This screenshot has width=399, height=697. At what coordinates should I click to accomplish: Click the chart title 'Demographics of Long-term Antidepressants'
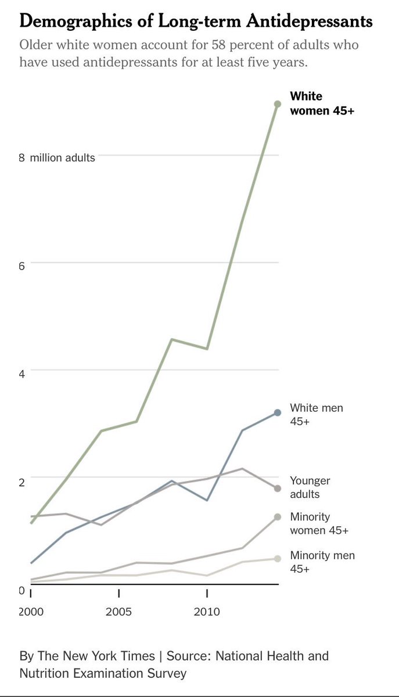tap(196, 22)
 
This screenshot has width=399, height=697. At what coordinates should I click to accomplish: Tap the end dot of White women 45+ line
tap(278, 104)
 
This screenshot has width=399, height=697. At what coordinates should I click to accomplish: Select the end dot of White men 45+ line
tap(278, 412)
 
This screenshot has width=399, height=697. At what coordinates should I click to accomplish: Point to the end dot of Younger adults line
tap(278, 488)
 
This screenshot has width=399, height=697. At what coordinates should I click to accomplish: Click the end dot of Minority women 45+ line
tap(278, 517)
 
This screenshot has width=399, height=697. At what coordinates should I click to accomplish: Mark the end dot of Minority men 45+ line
tap(278, 559)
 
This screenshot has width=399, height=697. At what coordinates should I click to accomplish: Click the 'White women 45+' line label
tap(322, 103)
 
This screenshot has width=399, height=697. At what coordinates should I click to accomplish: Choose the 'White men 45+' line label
tap(317, 415)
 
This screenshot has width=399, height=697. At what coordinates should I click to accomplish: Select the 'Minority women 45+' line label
tap(318, 523)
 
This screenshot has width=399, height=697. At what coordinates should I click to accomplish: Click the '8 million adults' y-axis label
tap(57, 157)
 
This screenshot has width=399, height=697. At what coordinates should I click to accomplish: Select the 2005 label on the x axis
tap(118, 612)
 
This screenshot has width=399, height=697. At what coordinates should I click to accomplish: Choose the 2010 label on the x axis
tap(207, 612)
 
